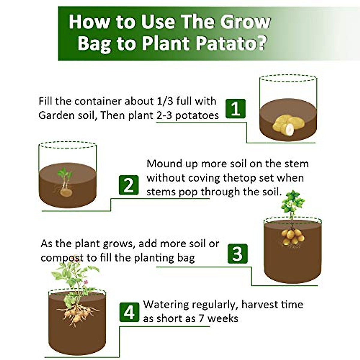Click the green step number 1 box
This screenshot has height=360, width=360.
point(235,109)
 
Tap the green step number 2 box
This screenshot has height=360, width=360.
point(129,185)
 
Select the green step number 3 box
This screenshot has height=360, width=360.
point(237,253)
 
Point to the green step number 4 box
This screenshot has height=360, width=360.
point(129,312)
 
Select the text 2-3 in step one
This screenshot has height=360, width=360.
point(164,115)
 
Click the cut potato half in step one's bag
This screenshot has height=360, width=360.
point(289,129)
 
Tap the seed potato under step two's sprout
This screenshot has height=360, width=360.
point(66,192)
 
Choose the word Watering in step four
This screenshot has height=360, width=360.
point(166,305)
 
